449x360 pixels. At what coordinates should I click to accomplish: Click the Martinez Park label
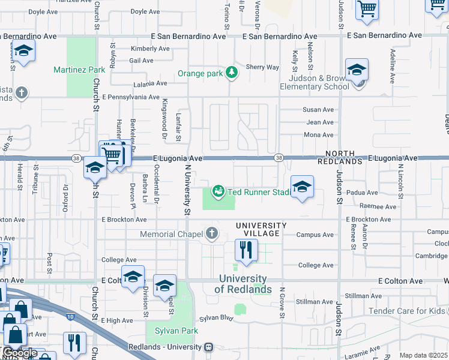[79, 70]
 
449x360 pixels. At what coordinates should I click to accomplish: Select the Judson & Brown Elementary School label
[319, 82]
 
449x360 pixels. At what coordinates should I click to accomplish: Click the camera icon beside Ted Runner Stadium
[218, 191]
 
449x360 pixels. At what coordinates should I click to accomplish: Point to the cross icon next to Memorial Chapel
[211, 233]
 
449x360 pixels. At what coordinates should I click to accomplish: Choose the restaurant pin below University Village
[246, 251]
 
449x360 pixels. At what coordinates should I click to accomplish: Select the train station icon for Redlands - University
[208, 347]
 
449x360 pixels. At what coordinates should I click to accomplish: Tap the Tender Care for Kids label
[407, 311]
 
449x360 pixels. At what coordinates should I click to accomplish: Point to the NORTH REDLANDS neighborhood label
[344, 158]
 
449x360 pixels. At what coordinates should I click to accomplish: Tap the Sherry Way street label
[262, 68]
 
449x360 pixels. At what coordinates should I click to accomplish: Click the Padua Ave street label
[365, 193]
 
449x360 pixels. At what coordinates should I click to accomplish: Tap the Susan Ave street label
[318, 110]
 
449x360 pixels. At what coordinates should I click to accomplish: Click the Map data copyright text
[423, 355]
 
